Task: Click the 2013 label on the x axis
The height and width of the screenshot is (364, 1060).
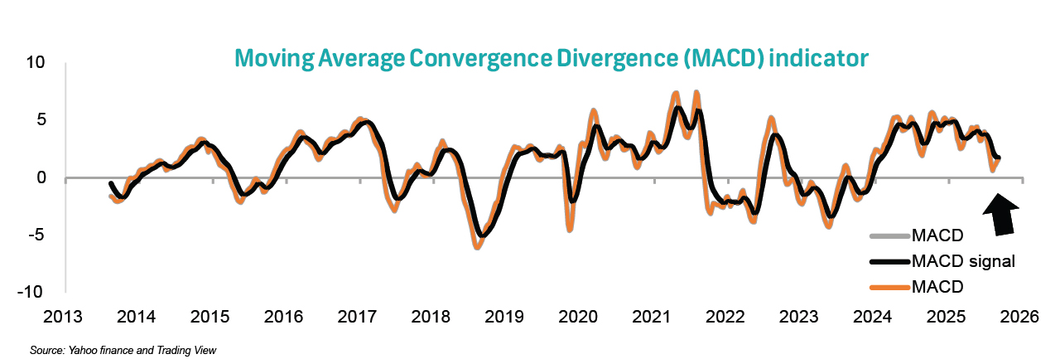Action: click(63, 317)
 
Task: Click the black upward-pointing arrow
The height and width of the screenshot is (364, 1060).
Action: click(1004, 214)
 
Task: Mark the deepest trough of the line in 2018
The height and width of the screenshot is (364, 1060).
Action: click(478, 246)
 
